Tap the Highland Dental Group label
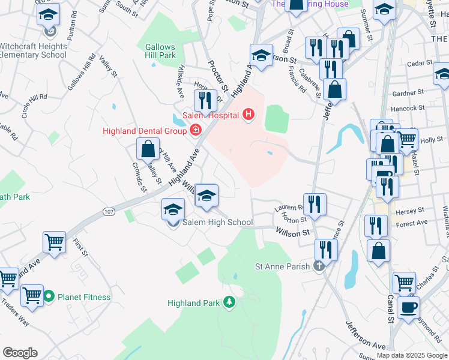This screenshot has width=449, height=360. pos(142,130)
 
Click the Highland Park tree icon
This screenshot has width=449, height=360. pos(228,302)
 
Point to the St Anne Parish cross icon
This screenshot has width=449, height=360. pos(319,266)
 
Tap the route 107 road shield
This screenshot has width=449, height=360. pos(109,211)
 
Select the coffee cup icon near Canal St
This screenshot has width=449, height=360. pos(409,307)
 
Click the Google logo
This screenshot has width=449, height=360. pos(20,352)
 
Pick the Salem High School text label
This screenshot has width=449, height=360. pos(217,223)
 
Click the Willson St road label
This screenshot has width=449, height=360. pos(292,232)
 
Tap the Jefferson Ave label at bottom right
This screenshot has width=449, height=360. pos(366,335)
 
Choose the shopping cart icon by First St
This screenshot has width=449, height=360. pos(54,242)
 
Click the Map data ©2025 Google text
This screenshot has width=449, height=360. pos(411,355)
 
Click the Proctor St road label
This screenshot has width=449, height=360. pos(218,75)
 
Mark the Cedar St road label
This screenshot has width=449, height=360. pos(420,63)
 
